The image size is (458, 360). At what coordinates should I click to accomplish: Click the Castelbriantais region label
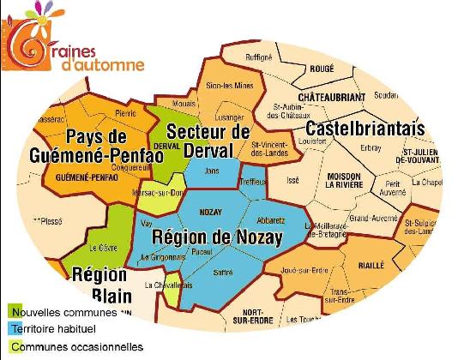365,128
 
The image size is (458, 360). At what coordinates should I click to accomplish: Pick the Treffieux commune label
253,180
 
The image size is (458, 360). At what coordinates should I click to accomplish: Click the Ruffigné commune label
258,57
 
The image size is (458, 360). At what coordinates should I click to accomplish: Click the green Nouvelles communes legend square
15,311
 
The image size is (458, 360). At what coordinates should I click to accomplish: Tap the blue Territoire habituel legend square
15,329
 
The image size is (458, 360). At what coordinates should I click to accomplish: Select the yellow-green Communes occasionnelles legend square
15,347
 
